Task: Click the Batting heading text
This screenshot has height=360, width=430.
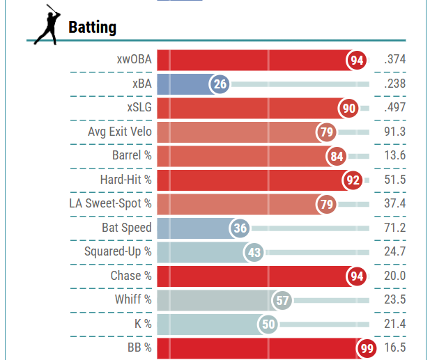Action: click(x=92, y=27)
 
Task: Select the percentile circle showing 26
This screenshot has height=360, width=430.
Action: click(x=220, y=84)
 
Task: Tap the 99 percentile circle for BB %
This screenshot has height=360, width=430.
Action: click(x=366, y=348)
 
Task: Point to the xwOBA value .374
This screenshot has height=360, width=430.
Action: click(x=394, y=61)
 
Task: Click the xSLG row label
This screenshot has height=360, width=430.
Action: click(x=139, y=108)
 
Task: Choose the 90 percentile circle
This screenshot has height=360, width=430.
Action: click(x=349, y=109)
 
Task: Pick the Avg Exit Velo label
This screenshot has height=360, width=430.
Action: click(x=119, y=132)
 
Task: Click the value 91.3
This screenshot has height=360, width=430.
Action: click(x=394, y=132)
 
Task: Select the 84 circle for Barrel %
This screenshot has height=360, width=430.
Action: click(x=337, y=156)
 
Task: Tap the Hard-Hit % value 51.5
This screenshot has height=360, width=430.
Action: click(x=394, y=180)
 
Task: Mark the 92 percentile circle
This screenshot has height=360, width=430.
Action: click(x=353, y=180)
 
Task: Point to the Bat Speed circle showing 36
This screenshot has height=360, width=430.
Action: click(x=240, y=228)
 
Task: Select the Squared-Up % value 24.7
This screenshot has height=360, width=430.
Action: click(x=394, y=252)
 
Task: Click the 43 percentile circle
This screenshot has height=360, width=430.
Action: click(x=254, y=252)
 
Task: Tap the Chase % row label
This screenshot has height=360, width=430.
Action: click(x=131, y=276)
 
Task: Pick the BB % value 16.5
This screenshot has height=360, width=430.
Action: click(x=394, y=348)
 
